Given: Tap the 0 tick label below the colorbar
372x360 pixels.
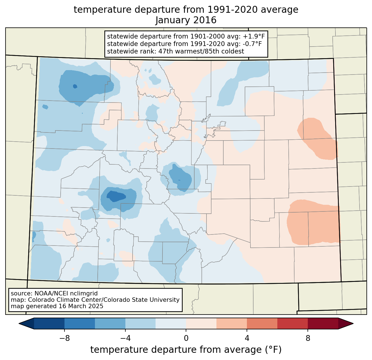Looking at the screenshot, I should [186, 338].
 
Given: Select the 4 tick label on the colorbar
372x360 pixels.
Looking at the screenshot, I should [247, 338].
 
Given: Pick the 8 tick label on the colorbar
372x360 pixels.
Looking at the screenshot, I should [308, 338].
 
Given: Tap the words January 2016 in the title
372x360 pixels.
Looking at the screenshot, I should [186, 20].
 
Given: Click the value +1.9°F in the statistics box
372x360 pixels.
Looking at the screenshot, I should [254, 37].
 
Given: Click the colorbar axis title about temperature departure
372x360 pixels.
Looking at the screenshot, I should [186, 350].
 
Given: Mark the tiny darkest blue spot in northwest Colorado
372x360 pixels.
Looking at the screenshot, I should [75, 86].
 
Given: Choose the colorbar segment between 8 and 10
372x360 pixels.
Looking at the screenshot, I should [323, 323].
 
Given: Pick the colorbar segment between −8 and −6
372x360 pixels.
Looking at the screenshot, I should [79, 323].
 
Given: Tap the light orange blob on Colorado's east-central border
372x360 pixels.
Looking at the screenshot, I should [318, 139].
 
